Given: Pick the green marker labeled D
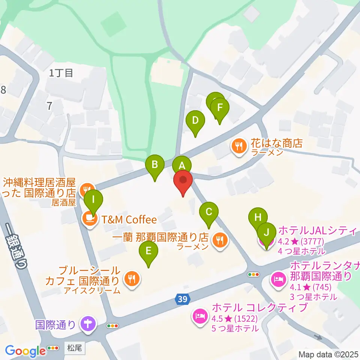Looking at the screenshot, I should (x=195, y=121).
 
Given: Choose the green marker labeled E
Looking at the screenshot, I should (x=148, y=251).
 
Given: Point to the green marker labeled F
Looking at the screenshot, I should (x=220, y=108).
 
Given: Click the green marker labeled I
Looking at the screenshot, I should (x=93, y=199).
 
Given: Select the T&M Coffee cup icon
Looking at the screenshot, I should (x=89, y=218).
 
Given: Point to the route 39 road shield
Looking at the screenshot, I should (x=182, y=299).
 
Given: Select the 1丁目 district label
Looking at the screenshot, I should (x=61, y=73).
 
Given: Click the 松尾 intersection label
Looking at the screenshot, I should (x=75, y=348).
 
